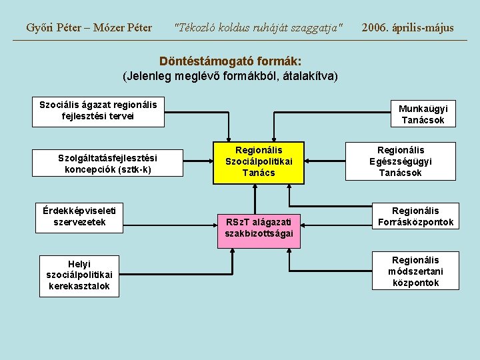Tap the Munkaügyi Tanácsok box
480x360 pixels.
(423, 114)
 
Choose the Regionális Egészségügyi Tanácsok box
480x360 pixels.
(401, 161)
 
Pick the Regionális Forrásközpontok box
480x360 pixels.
(415, 216)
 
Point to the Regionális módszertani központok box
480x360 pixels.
(415, 271)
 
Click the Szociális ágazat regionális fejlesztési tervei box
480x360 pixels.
(98, 110)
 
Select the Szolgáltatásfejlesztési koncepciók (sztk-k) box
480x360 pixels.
(107, 163)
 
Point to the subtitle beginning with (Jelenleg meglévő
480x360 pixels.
(231, 75)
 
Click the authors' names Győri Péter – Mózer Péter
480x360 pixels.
(89, 28)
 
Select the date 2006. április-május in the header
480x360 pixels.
(407, 28)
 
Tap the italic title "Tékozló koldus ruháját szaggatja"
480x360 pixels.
(258, 28)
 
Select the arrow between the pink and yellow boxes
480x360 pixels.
(255, 199)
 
